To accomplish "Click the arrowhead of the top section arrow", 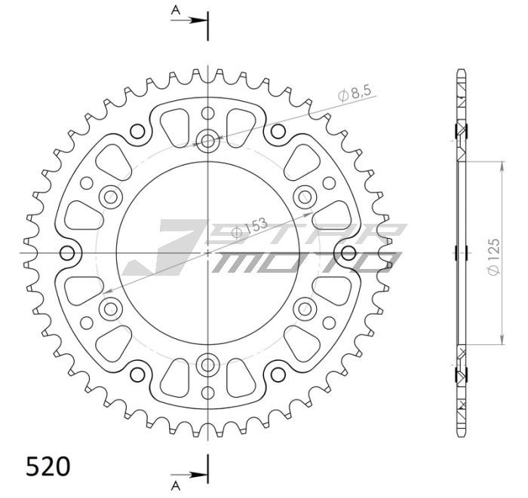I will tap(201, 20).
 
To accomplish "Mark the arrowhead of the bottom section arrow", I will tap(201, 475).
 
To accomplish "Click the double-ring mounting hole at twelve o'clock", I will tap(207, 139).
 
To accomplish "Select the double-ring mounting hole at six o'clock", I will tap(207, 366).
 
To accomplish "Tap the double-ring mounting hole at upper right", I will tap(305, 197).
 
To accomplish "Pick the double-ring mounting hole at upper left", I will tap(110, 197).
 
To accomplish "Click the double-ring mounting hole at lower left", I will tap(110, 308).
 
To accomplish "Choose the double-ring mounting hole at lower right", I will tap(305, 308).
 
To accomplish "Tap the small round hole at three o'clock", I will tap(348, 252).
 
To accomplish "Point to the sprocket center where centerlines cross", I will tap(207, 252).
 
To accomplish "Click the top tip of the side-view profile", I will tap(460, 72).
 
